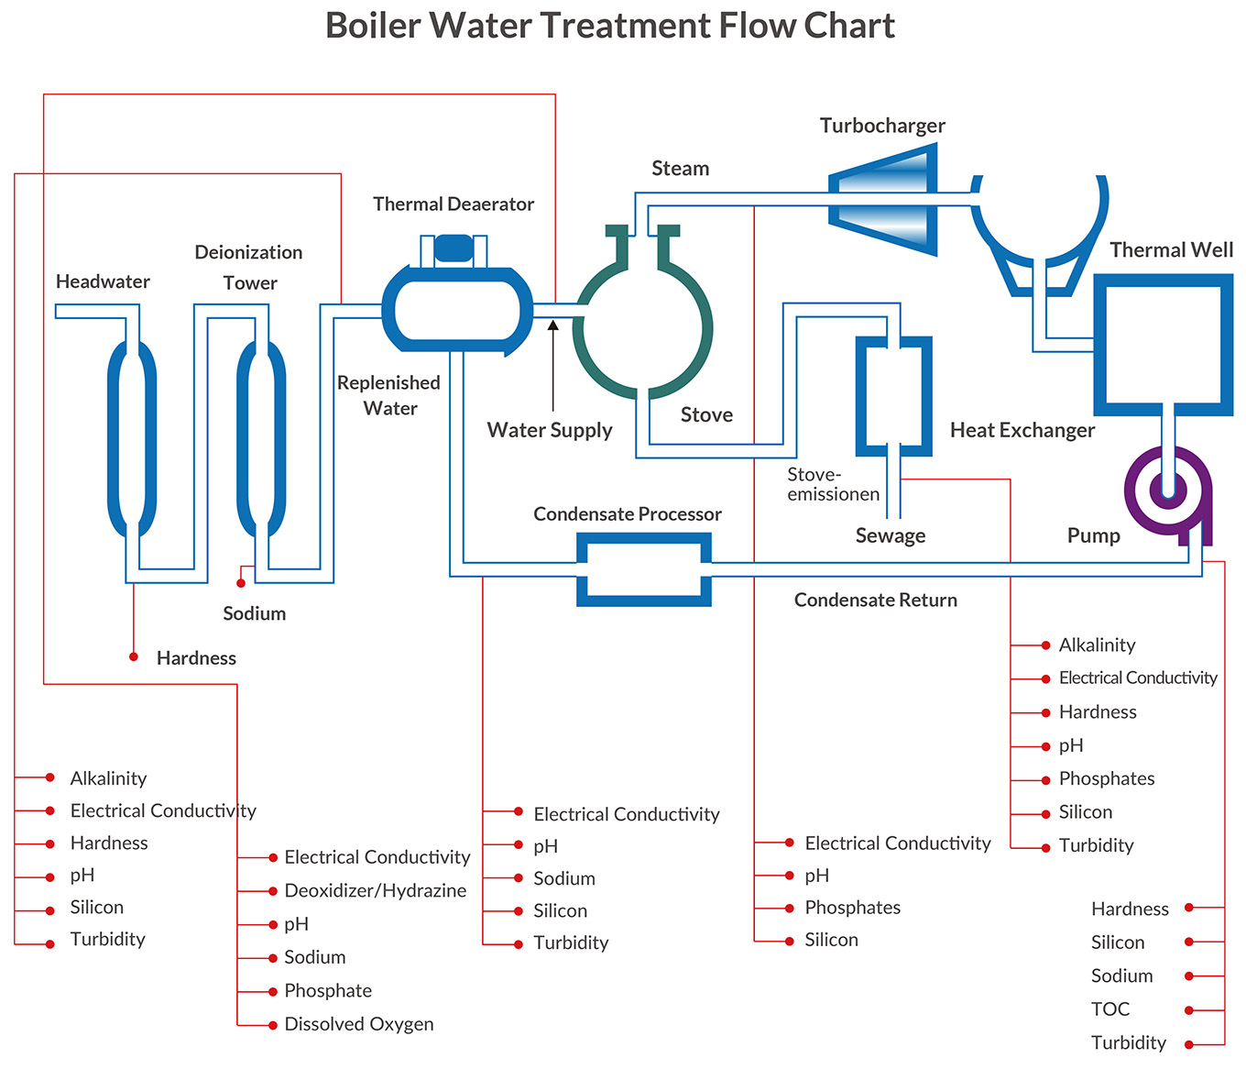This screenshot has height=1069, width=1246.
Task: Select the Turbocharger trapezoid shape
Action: point(884,200)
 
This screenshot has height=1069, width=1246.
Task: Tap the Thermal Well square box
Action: point(1163,345)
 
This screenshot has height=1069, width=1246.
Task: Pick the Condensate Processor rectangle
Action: point(643,569)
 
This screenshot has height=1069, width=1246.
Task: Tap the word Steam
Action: point(680,169)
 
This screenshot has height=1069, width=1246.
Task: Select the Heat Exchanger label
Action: point(1022,430)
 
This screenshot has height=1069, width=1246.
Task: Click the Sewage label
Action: point(890,535)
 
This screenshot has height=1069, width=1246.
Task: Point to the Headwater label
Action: point(103,281)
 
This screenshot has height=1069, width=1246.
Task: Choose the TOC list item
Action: point(1110,1009)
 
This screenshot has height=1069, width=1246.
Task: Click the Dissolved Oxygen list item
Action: point(358,1024)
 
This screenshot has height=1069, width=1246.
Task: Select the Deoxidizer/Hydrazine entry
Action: point(375,890)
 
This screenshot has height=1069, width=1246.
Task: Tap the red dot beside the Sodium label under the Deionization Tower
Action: point(241,583)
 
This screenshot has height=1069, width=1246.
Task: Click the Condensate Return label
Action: point(875,601)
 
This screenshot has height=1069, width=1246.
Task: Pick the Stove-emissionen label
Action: point(832,484)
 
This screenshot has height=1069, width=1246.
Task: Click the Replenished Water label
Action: point(388,395)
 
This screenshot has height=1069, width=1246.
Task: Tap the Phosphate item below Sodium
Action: point(328,991)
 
